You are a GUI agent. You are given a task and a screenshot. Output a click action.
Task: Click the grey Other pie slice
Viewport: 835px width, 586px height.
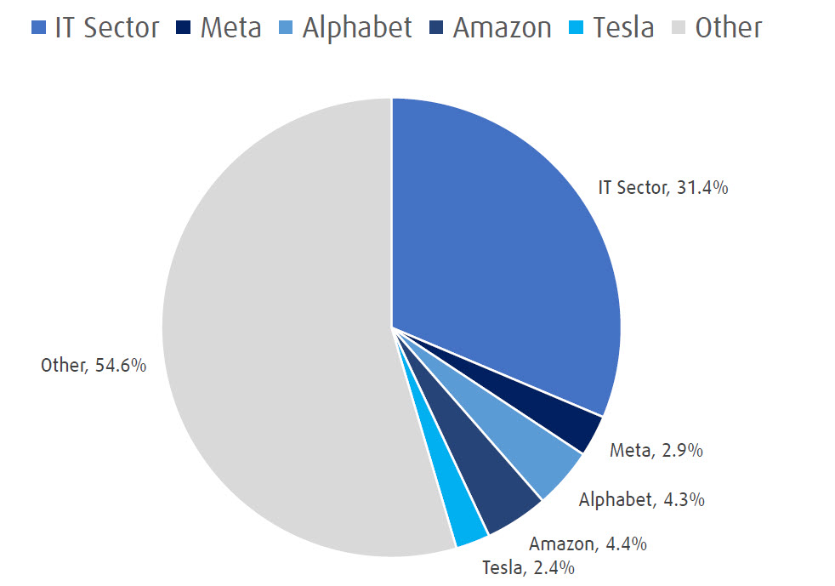pyautogui.click(x=272, y=340)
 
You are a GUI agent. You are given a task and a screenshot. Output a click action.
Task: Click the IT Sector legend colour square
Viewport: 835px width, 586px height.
pyautogui.click(x=37, y=28)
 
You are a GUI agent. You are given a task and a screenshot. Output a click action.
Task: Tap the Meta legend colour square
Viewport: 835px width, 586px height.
pyautogui.click(x=184, y=28)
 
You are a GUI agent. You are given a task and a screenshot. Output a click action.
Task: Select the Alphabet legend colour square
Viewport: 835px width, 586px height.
pyautogui.click(x=286, y=28)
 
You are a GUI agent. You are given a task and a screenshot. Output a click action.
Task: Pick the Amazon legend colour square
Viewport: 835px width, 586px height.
pyautogui.click(x=436, y=28)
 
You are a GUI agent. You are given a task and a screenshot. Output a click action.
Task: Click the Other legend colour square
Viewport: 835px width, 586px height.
pyautogui.click(x=679, y=28)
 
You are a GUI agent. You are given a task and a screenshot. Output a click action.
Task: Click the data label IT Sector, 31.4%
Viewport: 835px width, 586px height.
pyautogui.click(x=662, y=188)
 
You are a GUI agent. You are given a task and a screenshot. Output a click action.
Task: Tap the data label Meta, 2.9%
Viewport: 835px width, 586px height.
pyautogui.click(x=656, y=451)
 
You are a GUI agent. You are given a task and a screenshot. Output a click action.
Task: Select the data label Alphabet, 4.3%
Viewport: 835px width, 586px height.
pyautogui.click(x=641, y=499)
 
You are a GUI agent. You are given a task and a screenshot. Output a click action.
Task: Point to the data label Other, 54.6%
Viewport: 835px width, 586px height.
pyautogui.click(x=94, y=366)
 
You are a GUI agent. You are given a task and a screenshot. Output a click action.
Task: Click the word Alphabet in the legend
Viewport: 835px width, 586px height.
pyautogui.click(x=357, y=27)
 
